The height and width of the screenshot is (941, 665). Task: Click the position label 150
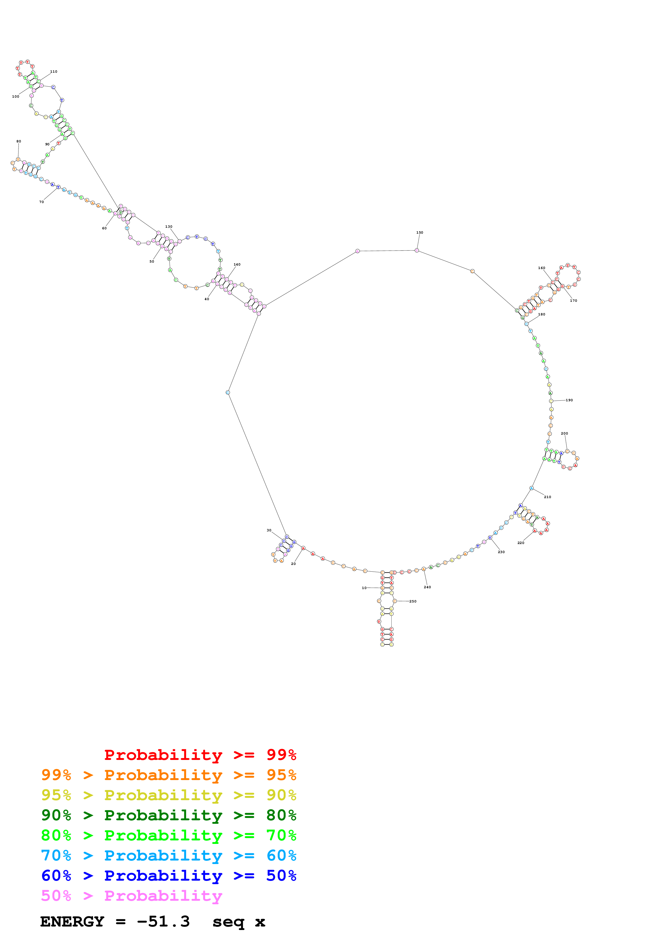click(x=420, y=232)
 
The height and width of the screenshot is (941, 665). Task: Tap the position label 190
click(x=569, y=400)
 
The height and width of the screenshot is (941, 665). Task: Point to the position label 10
click(x=364, y=588)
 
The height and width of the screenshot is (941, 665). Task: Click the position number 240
click(x=427, y=587)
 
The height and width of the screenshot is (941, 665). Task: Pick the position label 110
click(x=54, y=71)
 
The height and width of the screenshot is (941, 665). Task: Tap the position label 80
click(x=19, y=141)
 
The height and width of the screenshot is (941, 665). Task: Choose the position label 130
click(x=169, y=227)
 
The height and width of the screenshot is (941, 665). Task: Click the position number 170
click(x=573, y=300)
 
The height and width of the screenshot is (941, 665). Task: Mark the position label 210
click(x=548, y=497)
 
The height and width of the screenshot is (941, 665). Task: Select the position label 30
click(x=269, y=530)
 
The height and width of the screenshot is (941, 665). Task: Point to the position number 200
click(x=564, y=433)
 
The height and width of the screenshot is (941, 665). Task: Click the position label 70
click(x=41, y=202)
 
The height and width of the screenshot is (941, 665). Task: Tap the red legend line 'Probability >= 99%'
click(x=200, y=755)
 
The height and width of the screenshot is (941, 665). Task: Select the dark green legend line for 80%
click(x=168, y=815)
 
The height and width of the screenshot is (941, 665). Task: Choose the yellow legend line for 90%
click(x=168, y=795)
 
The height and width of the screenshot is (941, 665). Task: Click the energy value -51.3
click(x=163, y=921)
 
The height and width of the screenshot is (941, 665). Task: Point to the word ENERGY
click(x=72, y=921)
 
